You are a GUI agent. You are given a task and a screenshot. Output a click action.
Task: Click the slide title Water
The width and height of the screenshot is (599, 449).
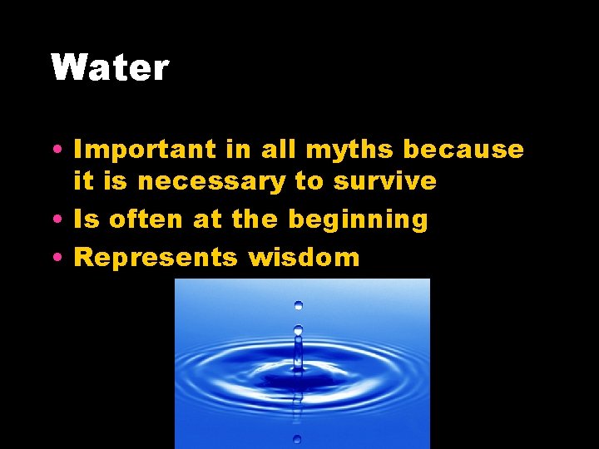click(110, 67)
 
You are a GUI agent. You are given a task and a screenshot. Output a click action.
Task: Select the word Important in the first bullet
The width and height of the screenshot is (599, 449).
click(146, 150)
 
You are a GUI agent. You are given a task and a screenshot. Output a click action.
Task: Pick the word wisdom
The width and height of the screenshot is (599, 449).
click(304, 257)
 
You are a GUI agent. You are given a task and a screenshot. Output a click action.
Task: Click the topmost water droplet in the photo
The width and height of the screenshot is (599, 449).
click(298, 305)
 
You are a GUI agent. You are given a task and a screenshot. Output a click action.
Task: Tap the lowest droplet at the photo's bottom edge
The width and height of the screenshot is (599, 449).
click(297, 439)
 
